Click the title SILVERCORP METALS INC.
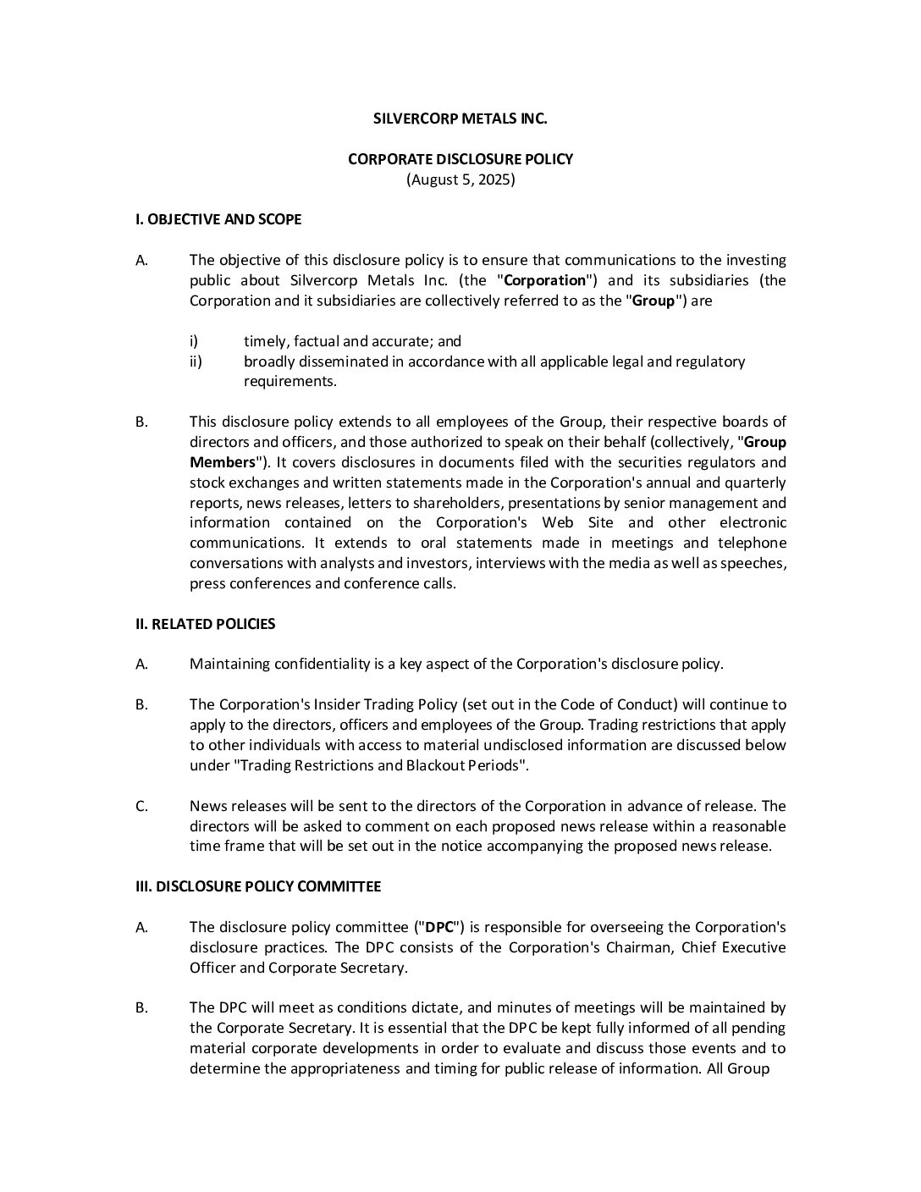460,119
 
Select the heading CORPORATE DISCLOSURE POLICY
460,159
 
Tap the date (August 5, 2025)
460,179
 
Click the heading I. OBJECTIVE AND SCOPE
218,219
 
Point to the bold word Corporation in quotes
544,280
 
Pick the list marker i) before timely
194,341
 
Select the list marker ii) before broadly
196,361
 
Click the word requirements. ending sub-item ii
290,381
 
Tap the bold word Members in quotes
223,462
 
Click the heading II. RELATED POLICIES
206,624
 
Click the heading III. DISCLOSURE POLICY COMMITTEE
258,886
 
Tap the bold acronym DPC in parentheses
439,927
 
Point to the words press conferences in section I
251,583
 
